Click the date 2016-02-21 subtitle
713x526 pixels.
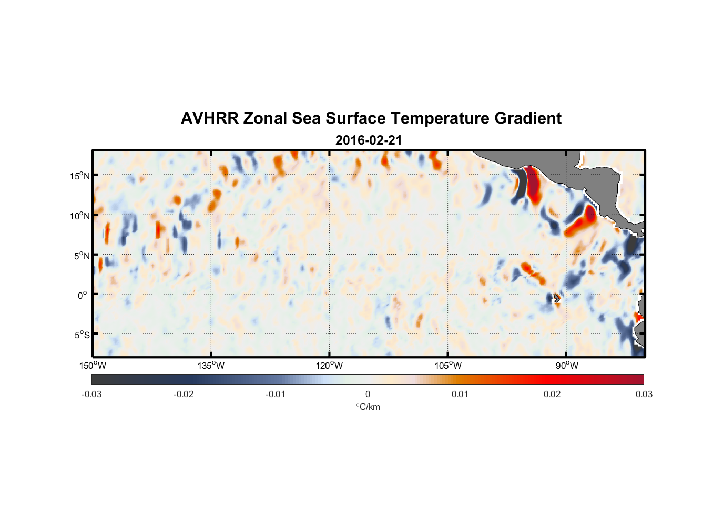tap(369, 140)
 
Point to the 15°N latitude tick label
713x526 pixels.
tap(79, 176)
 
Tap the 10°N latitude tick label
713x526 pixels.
tap(79, 216)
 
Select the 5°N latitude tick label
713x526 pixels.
tap(82, 256)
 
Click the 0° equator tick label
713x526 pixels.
tap(82, 295)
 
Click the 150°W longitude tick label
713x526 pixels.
tap(93, 366)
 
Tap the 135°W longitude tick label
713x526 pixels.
tap(211, 366)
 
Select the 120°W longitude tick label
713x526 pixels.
tap(330, 366)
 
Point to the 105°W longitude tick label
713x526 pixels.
tap(448, 366)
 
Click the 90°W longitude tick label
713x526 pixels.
tap(566, 366)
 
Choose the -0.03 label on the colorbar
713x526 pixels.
tap(91, 394)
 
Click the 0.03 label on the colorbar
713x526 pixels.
tap(644, 394)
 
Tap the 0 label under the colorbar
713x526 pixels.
tap(368, 394)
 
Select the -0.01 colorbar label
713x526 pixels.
tap(276, 394)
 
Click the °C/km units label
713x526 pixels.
tap(368, 407)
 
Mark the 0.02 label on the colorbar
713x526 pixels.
tap(552, 394)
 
